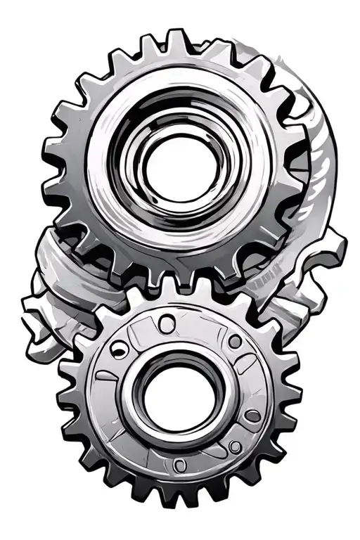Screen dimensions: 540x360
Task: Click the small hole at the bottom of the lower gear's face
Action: coord(180,463)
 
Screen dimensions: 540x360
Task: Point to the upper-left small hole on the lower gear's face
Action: coord(121,345)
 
